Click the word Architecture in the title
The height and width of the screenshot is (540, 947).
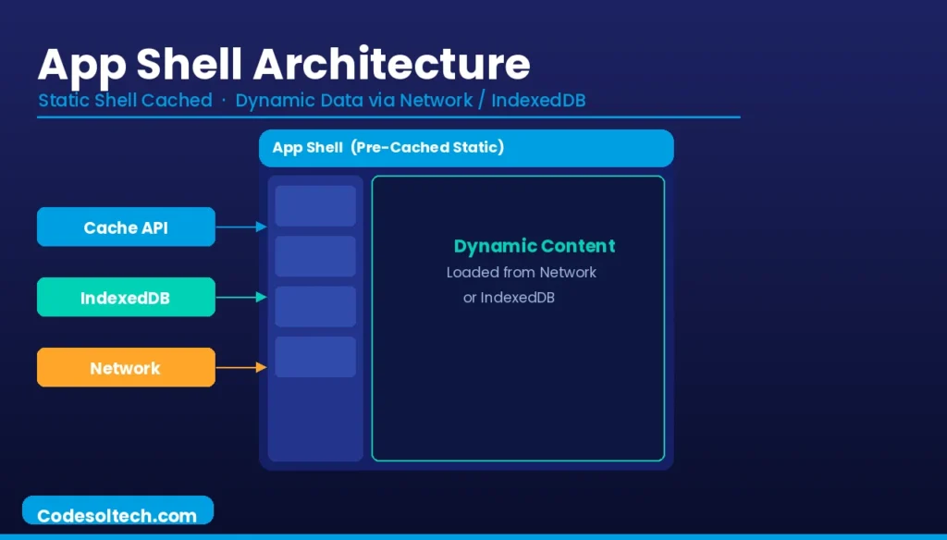tap(392, 65)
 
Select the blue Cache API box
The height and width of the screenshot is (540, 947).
tap(126, 227)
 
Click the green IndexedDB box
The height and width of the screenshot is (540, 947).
tap(126, 298)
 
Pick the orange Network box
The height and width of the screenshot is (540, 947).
tap(126, 368)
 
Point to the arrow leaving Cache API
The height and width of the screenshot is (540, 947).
tap(241, 227)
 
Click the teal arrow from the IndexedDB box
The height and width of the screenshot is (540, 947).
tap(241, 298)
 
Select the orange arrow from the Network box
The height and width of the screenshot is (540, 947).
tap(241, 368)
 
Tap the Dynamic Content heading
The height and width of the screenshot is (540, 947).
tap(534, 246)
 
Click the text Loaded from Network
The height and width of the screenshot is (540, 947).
tap(521, 273)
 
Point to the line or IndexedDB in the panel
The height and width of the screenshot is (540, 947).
tap(509, 298)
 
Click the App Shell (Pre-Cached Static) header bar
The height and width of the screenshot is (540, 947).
tap(466, 148)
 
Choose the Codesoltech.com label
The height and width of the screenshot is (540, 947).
tap(117, 515)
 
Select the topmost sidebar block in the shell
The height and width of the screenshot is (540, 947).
tap(315, 205)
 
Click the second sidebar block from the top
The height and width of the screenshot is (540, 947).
tap(315, 256)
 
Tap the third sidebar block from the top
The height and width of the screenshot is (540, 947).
tap(315, 306)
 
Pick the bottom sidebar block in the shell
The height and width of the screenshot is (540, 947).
tap(315, 357)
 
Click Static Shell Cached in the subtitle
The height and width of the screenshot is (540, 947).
tap(125, 100)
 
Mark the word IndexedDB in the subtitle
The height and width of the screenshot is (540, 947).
tap(538, 100)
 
